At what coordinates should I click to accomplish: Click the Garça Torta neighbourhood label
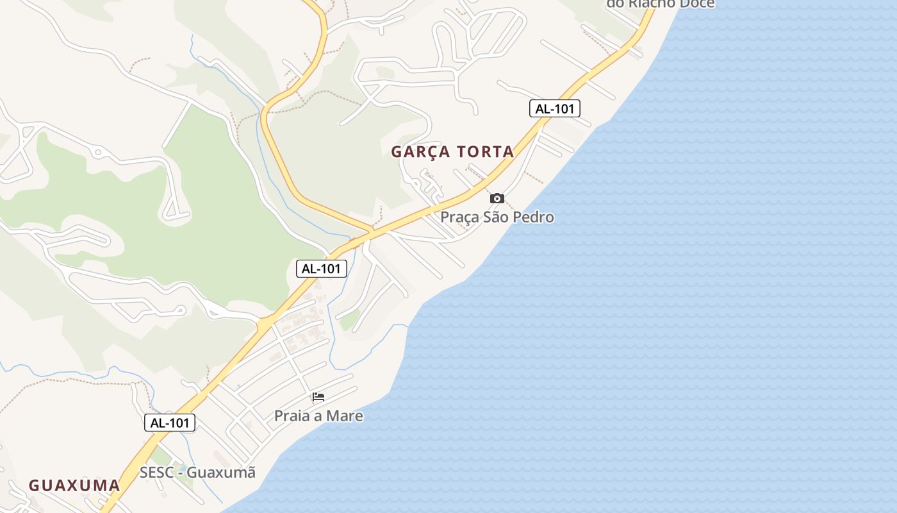pos(452,152)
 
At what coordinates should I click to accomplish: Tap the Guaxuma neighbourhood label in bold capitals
pos(74,485)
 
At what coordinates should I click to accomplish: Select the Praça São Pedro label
pos(497,217)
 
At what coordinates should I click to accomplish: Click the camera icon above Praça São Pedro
pos(497,199)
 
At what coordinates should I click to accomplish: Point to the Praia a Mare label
pos(318,416)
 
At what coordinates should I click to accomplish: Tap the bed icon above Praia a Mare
pos(318,397)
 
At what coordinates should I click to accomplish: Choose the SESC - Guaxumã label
pos(197,473)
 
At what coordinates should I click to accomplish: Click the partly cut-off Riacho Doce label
pos(661,4)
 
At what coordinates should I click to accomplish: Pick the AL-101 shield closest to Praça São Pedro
pos(555,109)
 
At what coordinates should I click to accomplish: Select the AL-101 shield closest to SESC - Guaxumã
pos(170,423)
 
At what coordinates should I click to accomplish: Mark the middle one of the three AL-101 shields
pos(321,269)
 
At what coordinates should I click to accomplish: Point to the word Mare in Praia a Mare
pos(347,416)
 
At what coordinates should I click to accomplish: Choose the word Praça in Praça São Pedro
pos(459,217)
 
